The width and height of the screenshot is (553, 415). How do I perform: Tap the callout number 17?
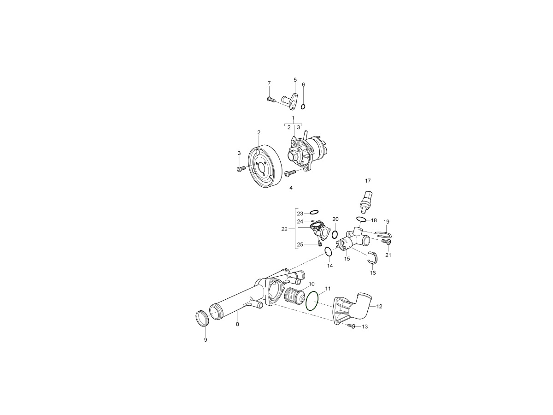click(368, 181)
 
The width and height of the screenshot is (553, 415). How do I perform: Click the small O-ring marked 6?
click(303, 107)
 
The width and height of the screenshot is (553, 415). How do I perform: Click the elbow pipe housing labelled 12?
click(354, 308)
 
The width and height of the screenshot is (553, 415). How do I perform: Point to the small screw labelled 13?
click(351, 326)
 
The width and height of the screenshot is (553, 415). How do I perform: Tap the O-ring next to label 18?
click(361, 219)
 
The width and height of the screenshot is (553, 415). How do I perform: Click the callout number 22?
click(284, 229)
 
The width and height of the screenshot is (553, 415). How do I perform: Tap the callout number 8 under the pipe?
click(237, 325)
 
